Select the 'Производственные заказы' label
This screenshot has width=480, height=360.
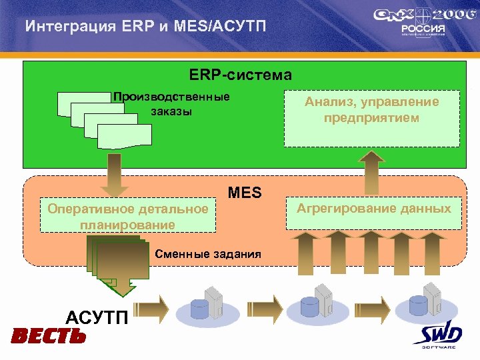[171, 104]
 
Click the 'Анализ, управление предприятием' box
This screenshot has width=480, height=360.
[371, 117]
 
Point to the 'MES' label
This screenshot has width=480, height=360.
[245, 193]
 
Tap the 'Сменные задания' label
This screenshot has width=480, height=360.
[207, 254]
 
